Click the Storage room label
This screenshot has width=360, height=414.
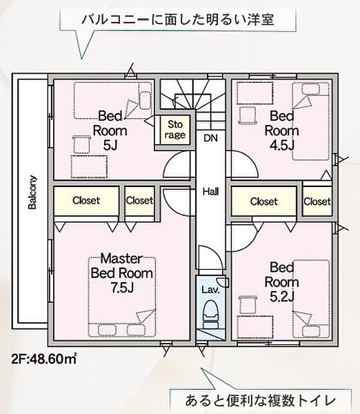[175, 130]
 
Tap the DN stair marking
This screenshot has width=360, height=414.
[210, 138]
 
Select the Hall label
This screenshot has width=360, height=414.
[210, 191]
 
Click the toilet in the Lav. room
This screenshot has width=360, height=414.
[210, 314]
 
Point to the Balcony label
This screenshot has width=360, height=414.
[32, 192]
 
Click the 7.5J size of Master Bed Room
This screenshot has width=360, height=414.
[122, 288]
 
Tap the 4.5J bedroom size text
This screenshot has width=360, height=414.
[281, 145]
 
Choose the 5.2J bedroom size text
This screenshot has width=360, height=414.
[281, 297]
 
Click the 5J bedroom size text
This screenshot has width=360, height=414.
[110, 145]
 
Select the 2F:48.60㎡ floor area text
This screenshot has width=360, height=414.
[44, 359]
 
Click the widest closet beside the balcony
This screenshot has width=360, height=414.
[86, 201]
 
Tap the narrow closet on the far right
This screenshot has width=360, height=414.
[317, 201]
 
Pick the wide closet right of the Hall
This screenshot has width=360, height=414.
[264, 201]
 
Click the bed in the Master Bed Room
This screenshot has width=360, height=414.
[122, 297]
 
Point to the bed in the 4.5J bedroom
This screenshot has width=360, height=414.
[311, 121]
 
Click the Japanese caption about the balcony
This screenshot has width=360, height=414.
[178, 20]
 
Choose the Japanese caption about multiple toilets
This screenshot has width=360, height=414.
[260, 401]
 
